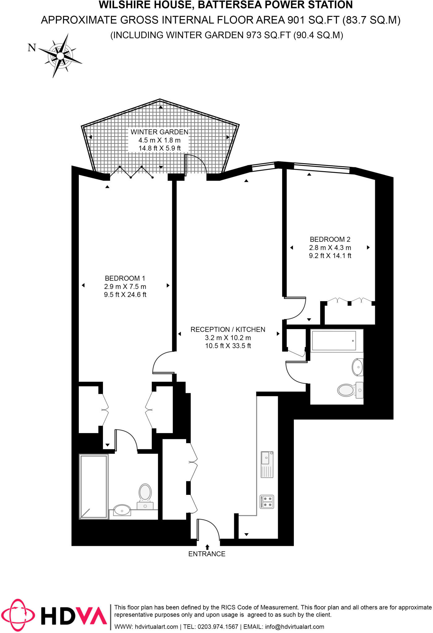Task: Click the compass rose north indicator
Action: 32,48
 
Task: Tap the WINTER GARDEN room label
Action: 159,132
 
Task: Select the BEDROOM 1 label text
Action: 125,278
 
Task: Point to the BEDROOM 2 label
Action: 330,239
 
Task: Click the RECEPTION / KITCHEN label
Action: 228,329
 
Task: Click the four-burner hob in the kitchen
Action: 267,502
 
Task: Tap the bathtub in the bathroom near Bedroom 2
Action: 334,341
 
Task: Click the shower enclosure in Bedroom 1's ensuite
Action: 94,486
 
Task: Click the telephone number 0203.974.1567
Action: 217,627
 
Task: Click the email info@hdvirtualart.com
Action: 294,627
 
